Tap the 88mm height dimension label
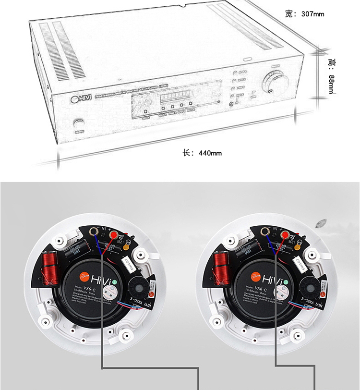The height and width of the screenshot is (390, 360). (x=331, y=77)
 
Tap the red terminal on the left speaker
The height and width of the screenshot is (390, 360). (x=114, y=235)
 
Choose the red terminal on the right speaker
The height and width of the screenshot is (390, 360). (x=286, y=235)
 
